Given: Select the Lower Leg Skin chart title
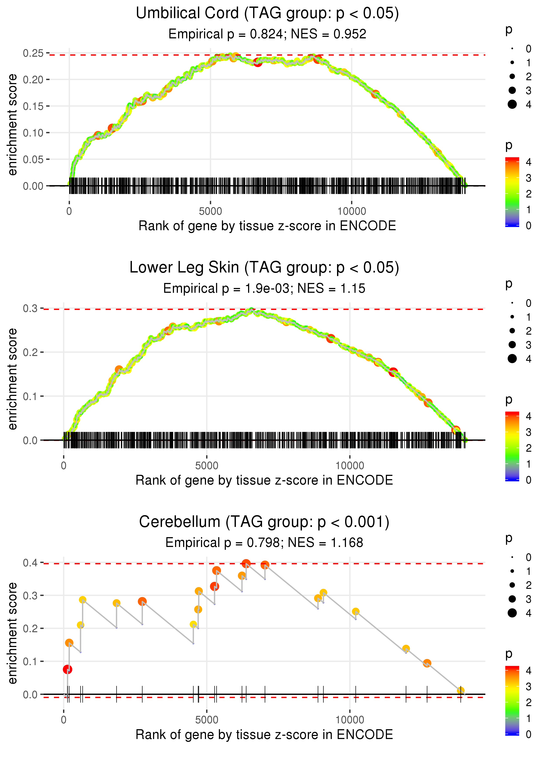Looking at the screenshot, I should click(264, 268).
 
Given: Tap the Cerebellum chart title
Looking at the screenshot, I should click(264, 522).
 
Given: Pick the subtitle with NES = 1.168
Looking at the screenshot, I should click(264, 543).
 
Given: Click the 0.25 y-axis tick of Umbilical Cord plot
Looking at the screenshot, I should click(33, 53).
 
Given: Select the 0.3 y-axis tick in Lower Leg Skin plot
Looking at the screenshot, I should click(30, 308).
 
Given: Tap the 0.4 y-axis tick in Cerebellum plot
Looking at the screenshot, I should click(30, 563).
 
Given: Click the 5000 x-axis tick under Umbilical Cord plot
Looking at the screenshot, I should click(210, 211).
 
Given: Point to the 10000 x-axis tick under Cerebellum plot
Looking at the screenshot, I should click(350, 720).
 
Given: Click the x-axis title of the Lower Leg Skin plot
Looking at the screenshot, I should click(264, 480).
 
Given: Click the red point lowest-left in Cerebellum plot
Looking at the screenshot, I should click(67, 669).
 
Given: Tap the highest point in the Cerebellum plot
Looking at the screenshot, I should click(246, 563).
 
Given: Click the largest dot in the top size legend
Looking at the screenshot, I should click(512, 104).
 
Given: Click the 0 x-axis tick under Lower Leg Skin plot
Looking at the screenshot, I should click(64, 466).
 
